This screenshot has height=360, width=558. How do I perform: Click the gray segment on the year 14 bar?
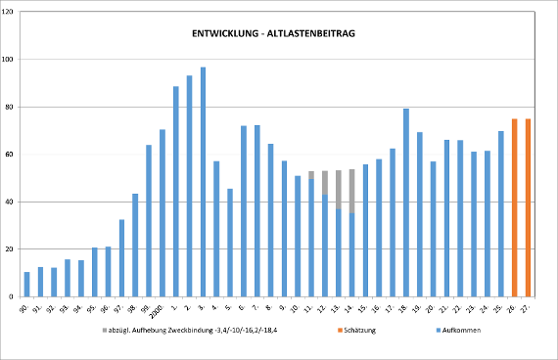pos(351,191)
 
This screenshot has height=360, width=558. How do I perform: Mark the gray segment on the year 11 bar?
pos(311,175)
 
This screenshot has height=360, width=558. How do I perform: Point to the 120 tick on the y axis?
pos(10,12)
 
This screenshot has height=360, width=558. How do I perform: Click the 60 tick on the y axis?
pos(11,155)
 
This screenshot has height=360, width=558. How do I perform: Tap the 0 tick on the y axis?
pos(13,296)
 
